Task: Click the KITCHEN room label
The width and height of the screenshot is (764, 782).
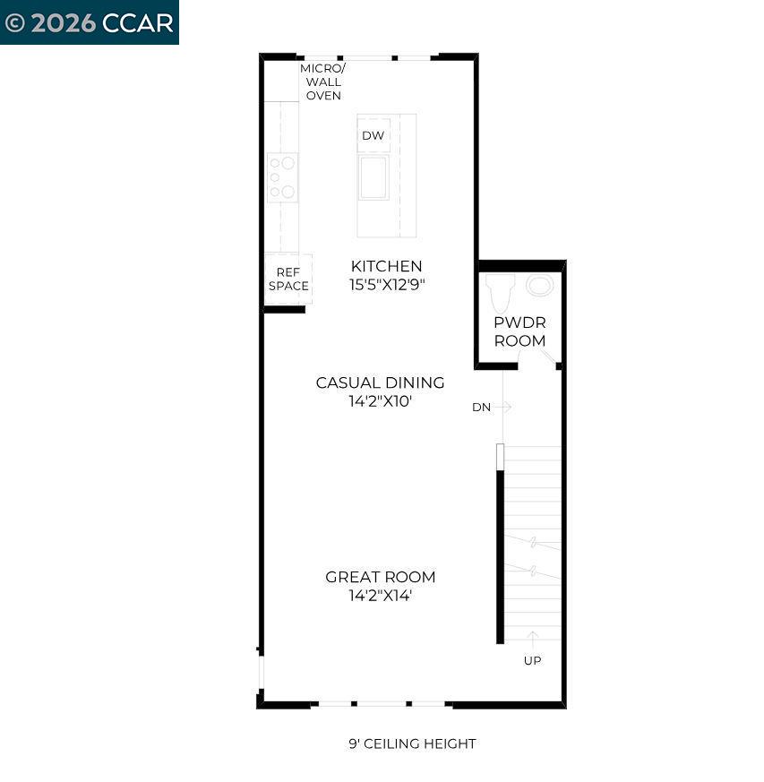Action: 386,266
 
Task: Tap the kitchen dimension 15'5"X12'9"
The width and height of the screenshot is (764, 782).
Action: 386,285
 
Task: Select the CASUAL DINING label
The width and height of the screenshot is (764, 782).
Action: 380,382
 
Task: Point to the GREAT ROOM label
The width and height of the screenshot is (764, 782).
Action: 380,577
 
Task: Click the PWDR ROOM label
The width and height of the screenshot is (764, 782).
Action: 519,331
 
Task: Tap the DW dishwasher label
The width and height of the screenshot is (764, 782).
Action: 373,136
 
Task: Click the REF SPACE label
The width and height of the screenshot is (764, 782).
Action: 288,279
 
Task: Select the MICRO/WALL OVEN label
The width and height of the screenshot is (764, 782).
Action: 322,82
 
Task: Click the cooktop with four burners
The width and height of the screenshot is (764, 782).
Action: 283,177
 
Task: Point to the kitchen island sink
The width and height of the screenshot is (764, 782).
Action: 373,177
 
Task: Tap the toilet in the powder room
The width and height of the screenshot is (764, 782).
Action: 500,291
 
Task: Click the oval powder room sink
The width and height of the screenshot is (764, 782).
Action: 540,286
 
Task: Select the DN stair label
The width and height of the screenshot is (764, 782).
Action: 481,407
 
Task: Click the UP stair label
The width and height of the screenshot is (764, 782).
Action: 532,661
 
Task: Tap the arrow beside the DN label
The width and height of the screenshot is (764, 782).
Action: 503,407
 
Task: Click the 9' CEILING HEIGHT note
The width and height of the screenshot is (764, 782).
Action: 412,743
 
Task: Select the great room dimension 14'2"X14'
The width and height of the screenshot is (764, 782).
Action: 380,596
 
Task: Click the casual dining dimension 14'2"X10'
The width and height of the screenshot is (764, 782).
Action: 380,401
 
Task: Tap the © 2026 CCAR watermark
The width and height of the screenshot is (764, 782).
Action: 89,22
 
